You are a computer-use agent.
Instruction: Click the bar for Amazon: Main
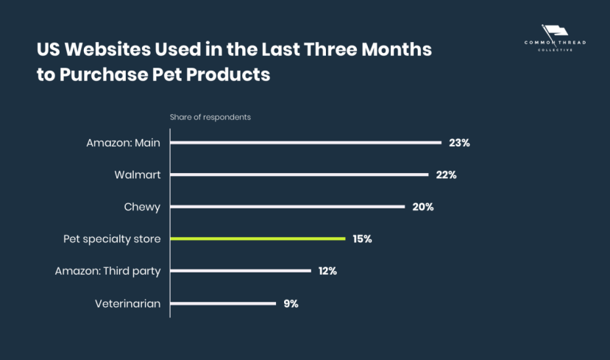click(305, 143)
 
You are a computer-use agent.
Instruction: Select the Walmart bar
click(299, 175)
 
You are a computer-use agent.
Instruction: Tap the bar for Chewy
click(288, 207)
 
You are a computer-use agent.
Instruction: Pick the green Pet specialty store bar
click(258, 239)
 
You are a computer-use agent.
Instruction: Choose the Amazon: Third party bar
click(241, 271)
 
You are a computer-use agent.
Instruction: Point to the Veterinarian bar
click(223, 303)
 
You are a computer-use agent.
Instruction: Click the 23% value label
click(459, 143)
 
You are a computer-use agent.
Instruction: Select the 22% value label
click(446, 175)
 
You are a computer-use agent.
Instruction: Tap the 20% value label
click(422, 207)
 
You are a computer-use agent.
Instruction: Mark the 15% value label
click(363, 239)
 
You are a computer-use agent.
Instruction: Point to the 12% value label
click(327, 271)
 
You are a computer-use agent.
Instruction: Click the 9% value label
click(291, 303)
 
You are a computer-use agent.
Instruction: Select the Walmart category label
click(138, 175)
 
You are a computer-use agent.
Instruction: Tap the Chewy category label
click(142, 207)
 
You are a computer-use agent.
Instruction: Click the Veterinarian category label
click(127, 303)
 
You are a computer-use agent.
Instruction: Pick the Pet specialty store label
click(112, 239)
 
